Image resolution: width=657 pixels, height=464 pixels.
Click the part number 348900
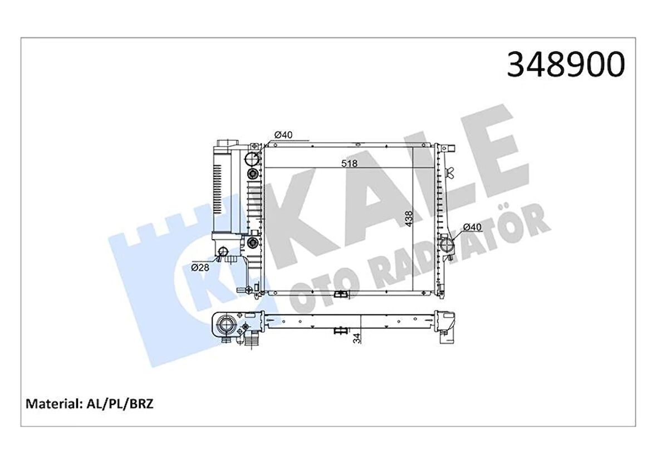point(566,65)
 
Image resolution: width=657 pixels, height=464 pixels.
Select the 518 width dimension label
point(349,164)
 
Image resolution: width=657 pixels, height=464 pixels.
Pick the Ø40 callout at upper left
point(283,134)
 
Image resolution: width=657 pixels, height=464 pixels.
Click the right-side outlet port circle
point(447,244)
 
